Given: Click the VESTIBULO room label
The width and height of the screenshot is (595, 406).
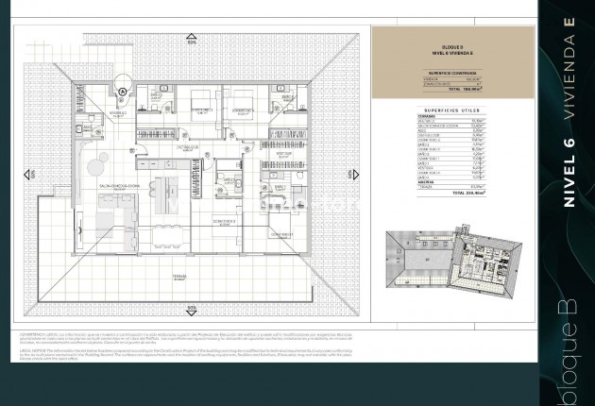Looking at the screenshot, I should (x=117, y=113).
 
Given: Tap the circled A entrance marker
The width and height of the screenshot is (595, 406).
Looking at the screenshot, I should (x=123, y=91).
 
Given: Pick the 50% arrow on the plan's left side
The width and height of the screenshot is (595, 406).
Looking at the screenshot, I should (x=31, y=175).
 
